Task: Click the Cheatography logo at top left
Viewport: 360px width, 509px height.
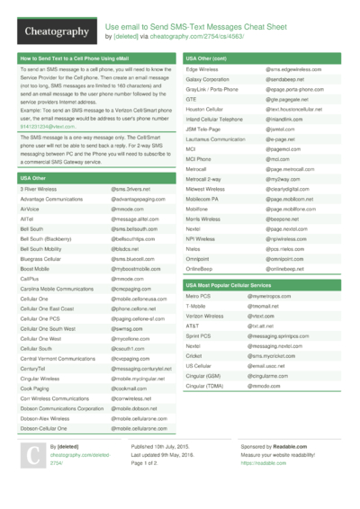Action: [52, 32]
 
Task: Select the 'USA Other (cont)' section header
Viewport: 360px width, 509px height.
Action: [206, 58]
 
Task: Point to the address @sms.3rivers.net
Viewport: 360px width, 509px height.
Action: [130, 190]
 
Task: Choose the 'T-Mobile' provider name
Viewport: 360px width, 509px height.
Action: [197, 306]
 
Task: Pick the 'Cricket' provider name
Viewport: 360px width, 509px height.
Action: [195, 356]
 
